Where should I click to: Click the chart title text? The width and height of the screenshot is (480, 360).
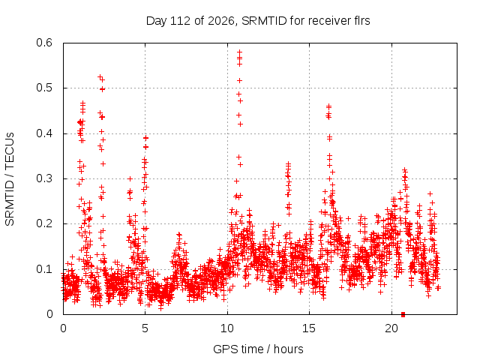tap(258, 21)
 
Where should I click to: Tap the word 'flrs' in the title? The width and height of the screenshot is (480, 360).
tap(362, 21)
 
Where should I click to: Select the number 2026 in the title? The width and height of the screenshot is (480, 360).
tap(221, 21)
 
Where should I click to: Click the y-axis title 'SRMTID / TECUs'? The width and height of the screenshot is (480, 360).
tap(10, 179)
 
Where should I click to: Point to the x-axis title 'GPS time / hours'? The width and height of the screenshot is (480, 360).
tap(258, 349)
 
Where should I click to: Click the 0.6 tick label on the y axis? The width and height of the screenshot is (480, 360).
tap(44, 43)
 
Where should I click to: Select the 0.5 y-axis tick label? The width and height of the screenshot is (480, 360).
tap(44, 88)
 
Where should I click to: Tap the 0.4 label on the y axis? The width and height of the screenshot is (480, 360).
tap(44, 133)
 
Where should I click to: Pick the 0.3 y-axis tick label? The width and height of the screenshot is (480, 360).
tap(44, 178)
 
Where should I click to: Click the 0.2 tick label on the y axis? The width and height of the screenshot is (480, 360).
tap(44, 223)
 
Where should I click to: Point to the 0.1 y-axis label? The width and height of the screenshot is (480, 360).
tap(44, 269)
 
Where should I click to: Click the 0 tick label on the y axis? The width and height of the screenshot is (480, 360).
tap(49, 314)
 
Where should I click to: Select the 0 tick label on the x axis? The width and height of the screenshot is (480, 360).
tap(63, 328)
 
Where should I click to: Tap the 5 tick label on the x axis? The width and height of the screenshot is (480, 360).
tap(145, 328)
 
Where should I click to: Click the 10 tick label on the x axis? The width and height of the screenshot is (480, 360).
tap(227, 328)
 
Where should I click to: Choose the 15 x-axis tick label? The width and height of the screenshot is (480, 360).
tap(309, 328)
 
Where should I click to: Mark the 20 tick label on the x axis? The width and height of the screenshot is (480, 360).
tap(391, 328)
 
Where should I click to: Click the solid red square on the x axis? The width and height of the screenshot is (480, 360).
tap(403, 314)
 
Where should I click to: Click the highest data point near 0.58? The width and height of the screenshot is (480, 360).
tap(240, 52)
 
